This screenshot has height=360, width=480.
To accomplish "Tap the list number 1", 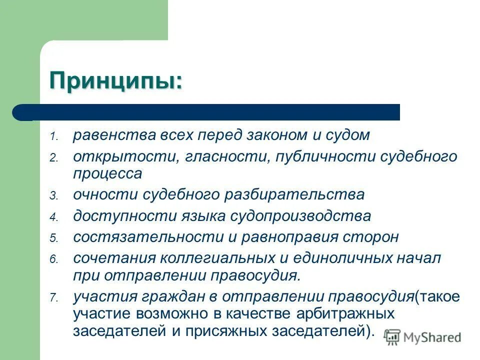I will (x=54, y=136).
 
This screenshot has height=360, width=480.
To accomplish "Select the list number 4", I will (x=54, y=217).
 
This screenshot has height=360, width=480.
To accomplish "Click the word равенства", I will (x=114, y=135).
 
